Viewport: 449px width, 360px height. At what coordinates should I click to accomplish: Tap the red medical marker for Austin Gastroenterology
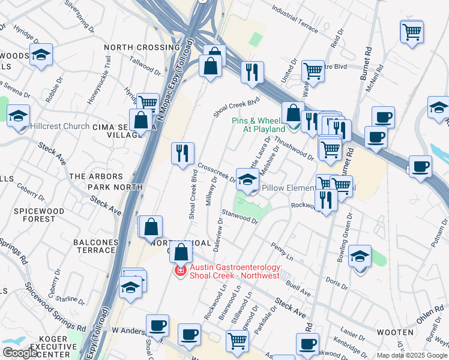[x=179, y=272]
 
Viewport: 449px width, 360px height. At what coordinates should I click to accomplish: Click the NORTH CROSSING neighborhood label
[x=142, y=47]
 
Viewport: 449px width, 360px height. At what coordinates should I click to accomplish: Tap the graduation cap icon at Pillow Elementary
[x=247, y=179]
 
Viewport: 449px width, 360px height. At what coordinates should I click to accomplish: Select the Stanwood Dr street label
[x=240, y=217]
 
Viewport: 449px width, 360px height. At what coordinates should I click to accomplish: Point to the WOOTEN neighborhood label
[x=394, y=332]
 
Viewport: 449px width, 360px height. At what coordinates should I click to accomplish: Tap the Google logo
[x=19, y=353]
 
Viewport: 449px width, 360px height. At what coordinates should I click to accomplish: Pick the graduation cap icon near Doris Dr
[x=359, y=256]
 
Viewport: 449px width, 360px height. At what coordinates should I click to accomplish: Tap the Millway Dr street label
[x=211, y=191]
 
